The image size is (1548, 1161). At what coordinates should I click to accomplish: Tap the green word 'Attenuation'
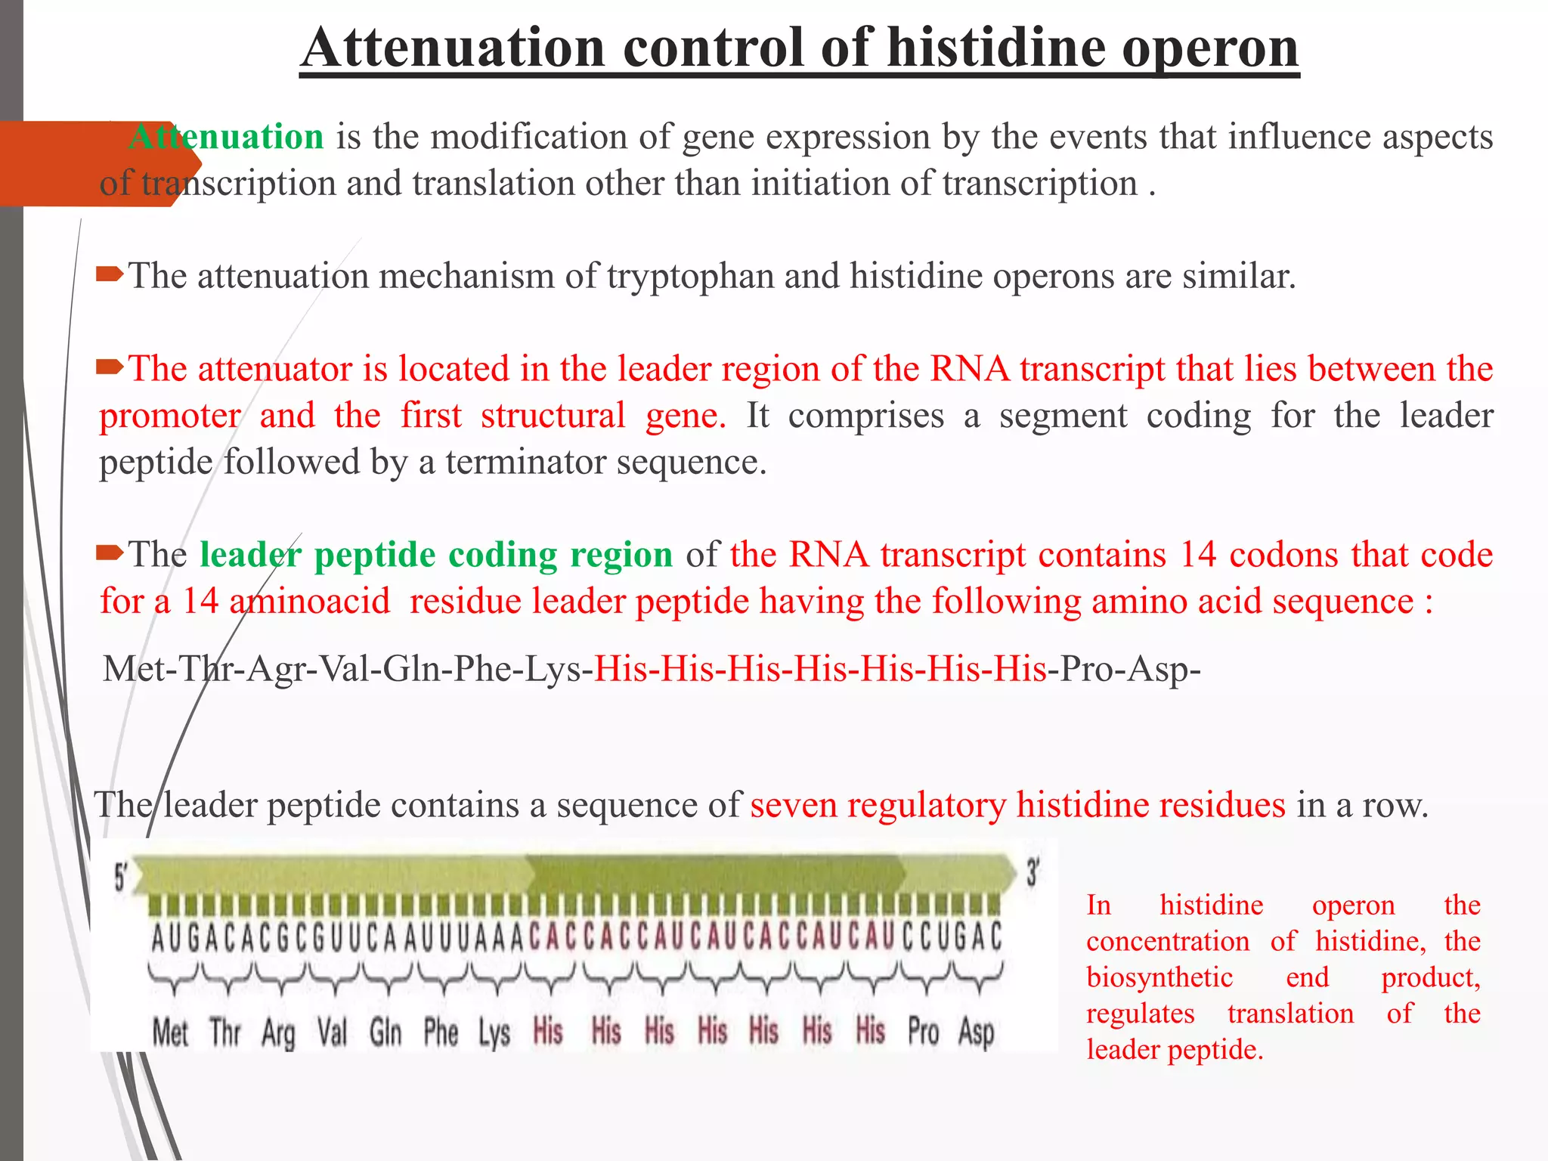[226, 138]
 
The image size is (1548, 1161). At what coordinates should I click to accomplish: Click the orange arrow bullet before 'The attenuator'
[110, 368]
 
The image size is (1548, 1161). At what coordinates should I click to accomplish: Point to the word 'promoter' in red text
[170, 416]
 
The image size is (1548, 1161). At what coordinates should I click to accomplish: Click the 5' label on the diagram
[120, 878]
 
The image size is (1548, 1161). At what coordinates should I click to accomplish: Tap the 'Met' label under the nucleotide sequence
[170, 1033]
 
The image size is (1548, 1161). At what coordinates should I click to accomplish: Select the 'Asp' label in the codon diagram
[976, 1033]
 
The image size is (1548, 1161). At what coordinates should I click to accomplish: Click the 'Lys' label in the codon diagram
[494, 1033]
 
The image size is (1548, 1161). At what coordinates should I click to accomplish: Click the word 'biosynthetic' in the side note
[1159, 977]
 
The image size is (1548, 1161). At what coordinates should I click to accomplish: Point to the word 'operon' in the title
[1209, 49]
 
